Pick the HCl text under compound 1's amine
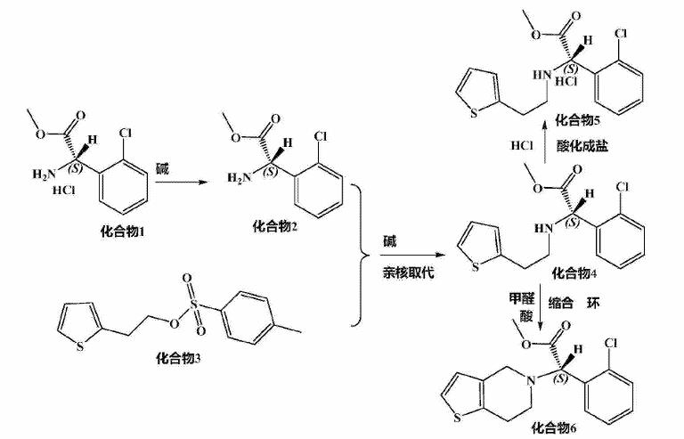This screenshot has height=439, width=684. [64, 191]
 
